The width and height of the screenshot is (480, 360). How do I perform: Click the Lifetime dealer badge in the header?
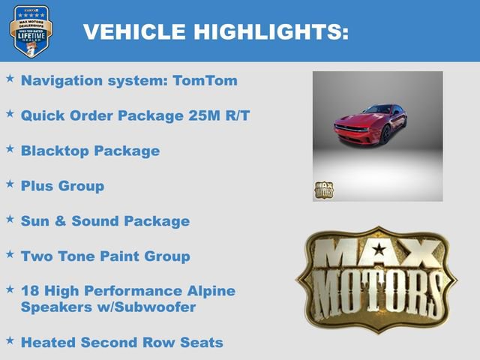30,31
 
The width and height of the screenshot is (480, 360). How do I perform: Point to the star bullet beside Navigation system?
10,78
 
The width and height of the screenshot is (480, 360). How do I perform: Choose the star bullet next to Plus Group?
10,183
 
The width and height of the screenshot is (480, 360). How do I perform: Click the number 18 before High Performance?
30,291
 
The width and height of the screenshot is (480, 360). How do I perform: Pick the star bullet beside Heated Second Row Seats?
10,340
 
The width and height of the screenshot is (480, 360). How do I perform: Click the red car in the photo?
370,124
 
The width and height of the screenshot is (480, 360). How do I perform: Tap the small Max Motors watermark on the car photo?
323,190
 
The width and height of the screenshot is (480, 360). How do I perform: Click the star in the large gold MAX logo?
379,249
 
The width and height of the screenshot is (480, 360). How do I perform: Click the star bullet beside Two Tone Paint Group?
10,254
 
